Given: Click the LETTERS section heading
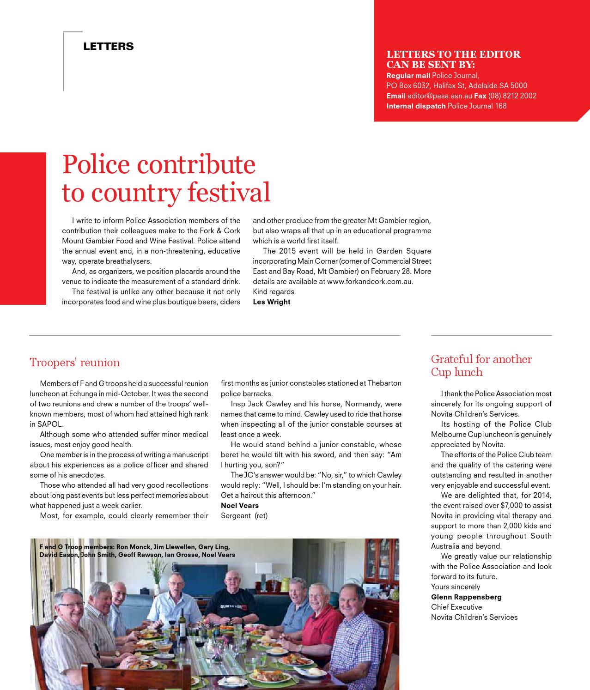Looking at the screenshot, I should click(x=108, y=46).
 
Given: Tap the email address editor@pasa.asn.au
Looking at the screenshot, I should click(x=439, y=96).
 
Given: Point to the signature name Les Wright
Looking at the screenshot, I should click(x=272, y=302).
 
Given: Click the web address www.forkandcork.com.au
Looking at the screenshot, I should click(x=370, y=281).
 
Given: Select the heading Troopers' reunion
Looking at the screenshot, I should click(x=75, y=363).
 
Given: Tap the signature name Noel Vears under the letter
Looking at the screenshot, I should click(x=240, y=505).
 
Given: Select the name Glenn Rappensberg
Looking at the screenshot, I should click(x=466, y=597).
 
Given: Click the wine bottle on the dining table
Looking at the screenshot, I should click(x=182, y=620).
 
